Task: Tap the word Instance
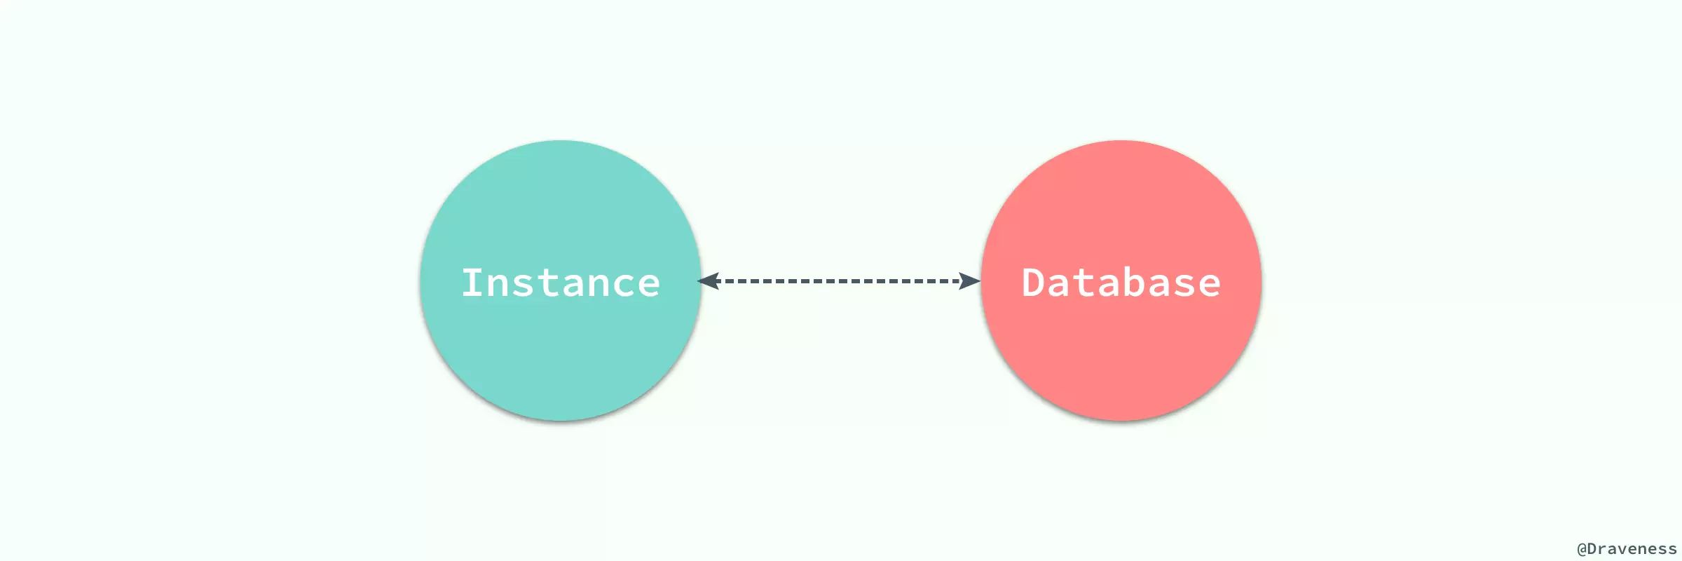tap(561, 283)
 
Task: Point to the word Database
tap(1121, 283)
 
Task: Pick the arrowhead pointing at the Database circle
tap(970, 281)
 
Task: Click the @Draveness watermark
tap(1627, 549)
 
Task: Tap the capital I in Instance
tap(473, 283)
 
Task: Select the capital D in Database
tap(1034, 283)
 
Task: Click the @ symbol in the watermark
tap(1582, 549)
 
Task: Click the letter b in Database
tap(1134, 283)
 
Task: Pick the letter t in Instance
tap(547, 283)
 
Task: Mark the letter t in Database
tap(1083, 283)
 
